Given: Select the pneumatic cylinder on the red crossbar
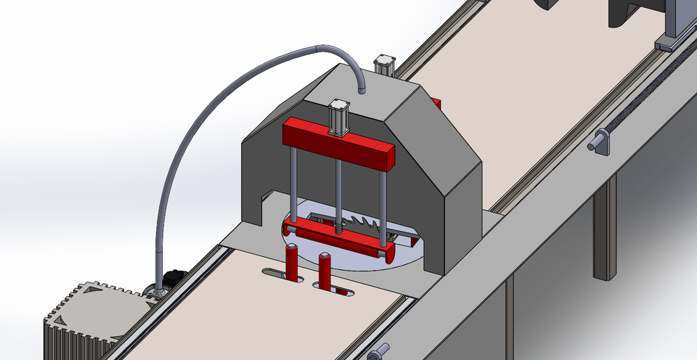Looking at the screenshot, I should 338,118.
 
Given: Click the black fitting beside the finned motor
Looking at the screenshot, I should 174,278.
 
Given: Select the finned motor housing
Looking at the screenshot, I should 87,319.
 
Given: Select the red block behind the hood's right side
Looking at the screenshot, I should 436,103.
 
